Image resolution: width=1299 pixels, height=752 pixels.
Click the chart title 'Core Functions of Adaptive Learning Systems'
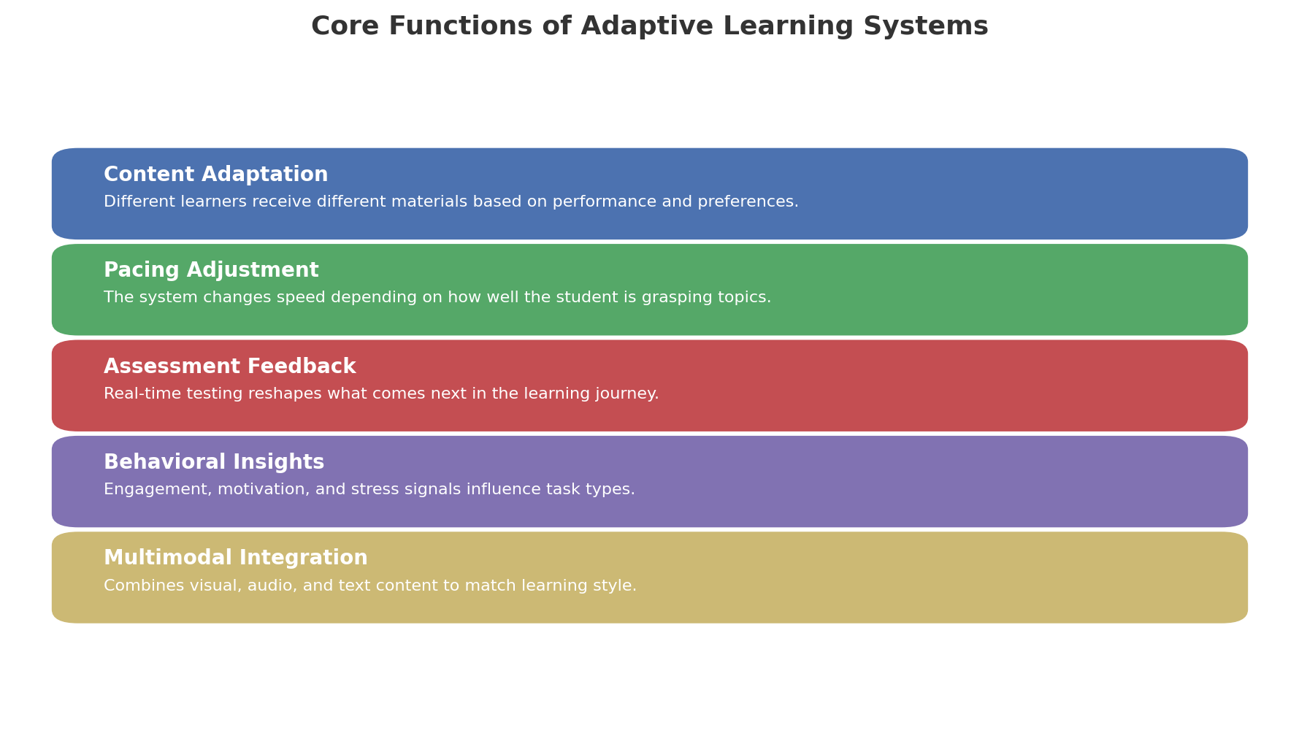[x=649, y=27]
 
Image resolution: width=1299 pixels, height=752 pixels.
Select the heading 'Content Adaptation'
[x=216, y=175]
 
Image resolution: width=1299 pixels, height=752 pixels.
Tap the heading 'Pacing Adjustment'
[x=211, y=271]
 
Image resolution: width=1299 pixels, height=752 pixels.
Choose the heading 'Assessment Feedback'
[x=229, y=367]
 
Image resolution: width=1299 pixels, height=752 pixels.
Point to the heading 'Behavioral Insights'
[x=214, y=462]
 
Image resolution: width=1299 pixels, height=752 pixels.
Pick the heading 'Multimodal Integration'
[x=236, y=559]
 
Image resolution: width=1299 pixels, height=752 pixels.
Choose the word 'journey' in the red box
[x=626, y=395]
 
